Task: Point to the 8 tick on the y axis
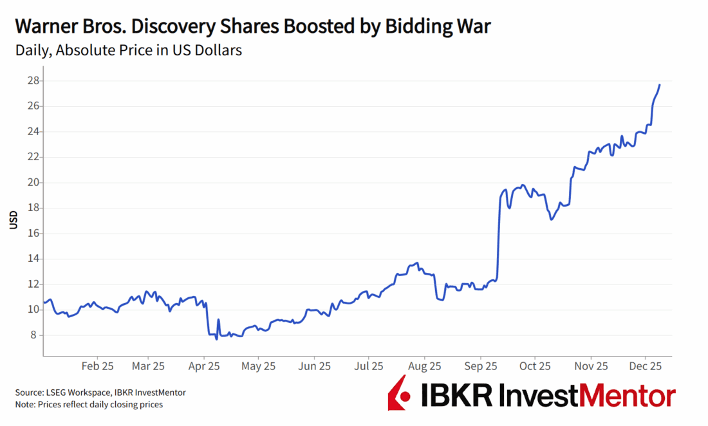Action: (33, 335)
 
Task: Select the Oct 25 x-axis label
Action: (535, 366)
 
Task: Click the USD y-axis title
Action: (14, 219)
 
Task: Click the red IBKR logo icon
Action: (399, 392)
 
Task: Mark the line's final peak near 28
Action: (660, 85)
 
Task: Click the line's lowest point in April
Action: (217, 338)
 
